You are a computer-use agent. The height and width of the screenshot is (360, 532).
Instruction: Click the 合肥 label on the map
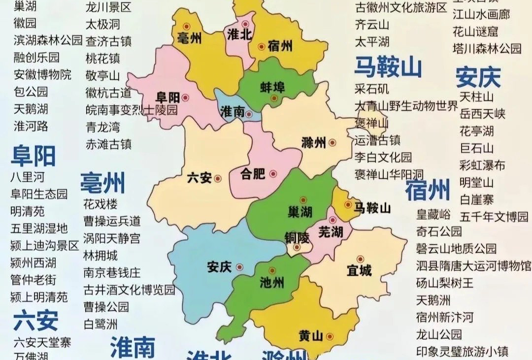[253, 174]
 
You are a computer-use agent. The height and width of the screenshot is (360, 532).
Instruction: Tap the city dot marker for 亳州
[186, 27]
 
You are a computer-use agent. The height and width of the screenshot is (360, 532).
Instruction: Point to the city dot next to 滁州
[332, 143]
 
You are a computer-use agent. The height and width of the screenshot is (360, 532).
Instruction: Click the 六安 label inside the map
[199, 178]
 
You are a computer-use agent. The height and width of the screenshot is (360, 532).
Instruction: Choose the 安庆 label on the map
[219, 267]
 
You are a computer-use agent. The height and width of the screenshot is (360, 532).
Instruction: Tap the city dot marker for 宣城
[360, 259]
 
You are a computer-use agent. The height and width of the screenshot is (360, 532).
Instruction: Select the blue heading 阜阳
[33, 156]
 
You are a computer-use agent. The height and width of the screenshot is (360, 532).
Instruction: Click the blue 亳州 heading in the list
[102, 183]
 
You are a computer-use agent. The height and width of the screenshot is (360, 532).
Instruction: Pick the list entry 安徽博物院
[42, 74]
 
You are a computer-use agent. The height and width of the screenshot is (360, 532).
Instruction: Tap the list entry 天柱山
[476, 96]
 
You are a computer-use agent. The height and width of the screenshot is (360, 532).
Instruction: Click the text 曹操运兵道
[112, 221]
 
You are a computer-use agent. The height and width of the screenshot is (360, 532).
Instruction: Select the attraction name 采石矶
[372, 89]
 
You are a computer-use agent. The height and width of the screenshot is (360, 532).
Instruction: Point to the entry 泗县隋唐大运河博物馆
[474, 266]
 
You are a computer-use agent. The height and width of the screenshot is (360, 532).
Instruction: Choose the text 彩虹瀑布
[482, 165]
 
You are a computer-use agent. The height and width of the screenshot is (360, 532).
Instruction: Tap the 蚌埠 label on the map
[272, 87]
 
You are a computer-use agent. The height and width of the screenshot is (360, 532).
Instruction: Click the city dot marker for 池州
[272, 271]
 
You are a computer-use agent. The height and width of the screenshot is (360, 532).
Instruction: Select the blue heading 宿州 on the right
[428, 190]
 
